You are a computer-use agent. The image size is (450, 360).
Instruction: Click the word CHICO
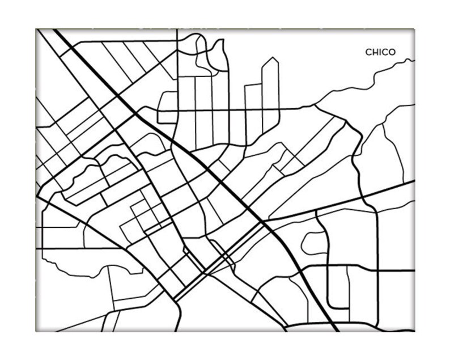point(380,52)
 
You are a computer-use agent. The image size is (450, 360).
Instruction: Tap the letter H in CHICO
point(374,52)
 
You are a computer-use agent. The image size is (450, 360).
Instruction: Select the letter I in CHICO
point(380,52)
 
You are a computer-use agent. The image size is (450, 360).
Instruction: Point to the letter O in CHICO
point(392,52)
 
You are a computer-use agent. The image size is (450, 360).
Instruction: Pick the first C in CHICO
point(368,52)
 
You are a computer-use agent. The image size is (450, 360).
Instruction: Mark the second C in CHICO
point(385,52)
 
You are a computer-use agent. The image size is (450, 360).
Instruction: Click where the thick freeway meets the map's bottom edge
point(337,331)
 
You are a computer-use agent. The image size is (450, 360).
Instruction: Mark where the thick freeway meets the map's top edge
point(54,30)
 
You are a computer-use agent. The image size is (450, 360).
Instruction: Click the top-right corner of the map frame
point(414,30)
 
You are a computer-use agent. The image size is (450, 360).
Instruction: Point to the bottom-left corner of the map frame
point(36,331)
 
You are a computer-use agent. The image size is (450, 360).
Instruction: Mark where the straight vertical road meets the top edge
point(177,30)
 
